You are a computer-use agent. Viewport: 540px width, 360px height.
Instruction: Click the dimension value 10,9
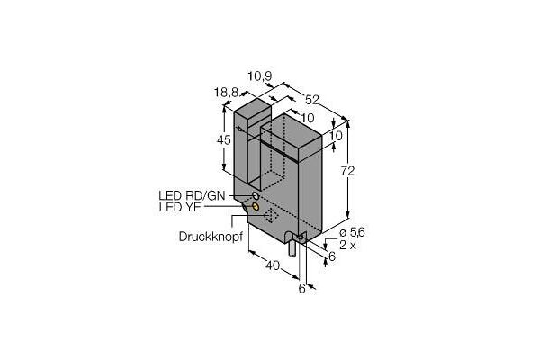pos(260,76)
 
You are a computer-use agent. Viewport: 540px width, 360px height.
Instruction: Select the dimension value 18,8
pos(226,93)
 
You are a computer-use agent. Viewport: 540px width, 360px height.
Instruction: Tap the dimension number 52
pos(312,100)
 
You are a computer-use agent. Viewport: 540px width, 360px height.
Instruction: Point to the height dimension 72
pos(347,171)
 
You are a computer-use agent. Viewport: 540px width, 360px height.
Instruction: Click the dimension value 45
pos(224,140)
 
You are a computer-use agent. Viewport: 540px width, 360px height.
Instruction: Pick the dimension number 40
pos(273,265)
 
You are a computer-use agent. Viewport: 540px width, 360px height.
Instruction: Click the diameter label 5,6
pos(352,233)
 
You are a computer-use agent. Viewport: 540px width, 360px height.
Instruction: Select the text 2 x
pos(347,246)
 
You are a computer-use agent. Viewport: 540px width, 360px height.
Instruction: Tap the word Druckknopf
pos(211,237)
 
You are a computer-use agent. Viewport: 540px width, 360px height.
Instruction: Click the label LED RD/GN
pos(192,195)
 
